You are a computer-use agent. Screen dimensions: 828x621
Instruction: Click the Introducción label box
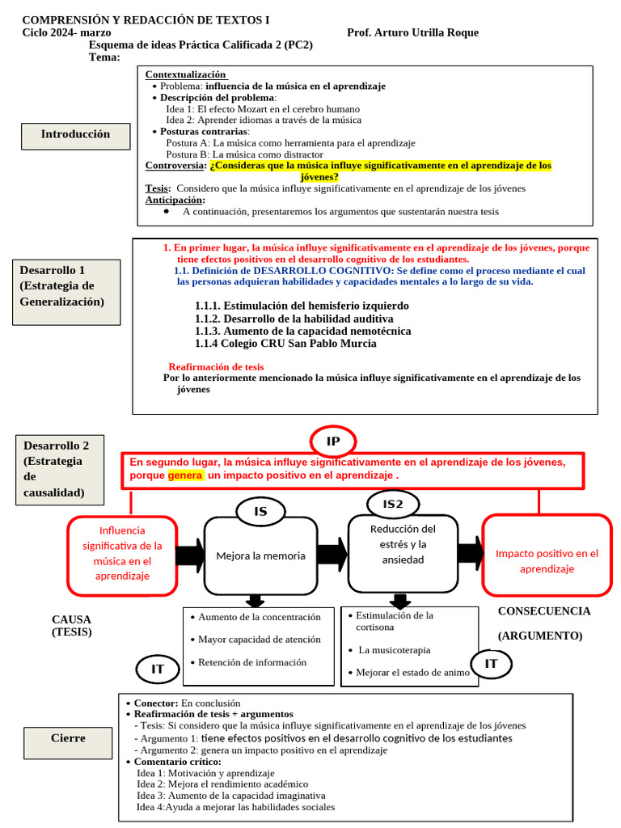point(75,136)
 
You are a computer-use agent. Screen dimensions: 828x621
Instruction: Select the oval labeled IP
point(332,441)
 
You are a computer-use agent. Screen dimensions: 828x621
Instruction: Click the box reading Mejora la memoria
point(260,556)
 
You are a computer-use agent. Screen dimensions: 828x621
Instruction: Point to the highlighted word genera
point(185,475)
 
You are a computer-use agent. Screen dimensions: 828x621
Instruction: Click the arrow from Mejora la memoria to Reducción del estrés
point(331,555)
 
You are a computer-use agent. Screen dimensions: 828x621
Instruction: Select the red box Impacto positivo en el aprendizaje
point(547,561)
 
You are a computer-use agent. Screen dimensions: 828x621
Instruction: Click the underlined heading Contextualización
point(185,74)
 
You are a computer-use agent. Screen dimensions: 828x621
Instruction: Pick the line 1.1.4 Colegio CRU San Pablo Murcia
point(285,344)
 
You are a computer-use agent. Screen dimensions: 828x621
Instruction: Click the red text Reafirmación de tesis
point(216,366)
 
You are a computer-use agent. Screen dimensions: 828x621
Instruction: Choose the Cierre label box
point(68,739)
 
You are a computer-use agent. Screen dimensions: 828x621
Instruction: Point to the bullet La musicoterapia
point(395,649)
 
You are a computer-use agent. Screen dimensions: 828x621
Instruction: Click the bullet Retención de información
point(251,662)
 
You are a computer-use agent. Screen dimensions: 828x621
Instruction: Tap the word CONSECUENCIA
point(543,611)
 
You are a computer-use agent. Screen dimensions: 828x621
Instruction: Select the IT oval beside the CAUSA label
point(158,669)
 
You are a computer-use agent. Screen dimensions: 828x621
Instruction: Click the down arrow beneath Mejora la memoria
point(256,601)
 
